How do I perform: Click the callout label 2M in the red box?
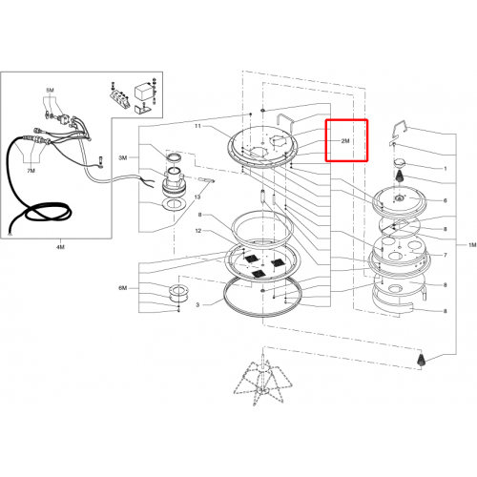pyautogui.click(x=345, y=141)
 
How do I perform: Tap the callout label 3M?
pyautogui.click(x=123, y=157)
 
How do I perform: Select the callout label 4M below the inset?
pyautogui.click(x=60, y=247)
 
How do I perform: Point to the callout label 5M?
pyautogui.click(x=50, y=91)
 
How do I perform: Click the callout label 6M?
pyautogui.click(x=123, y=288)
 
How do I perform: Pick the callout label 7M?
pyautogui.click(x=31, y=171)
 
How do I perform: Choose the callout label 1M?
pyautogui.click(x=472, y=245)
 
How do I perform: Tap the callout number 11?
pyautogui.click(x=197, y=126)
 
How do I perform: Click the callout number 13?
pyautogui.click(x=197, y=197)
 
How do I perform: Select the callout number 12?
pyautogui.click(x=198, y=231)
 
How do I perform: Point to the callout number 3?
pyautogui.click(x=197, y=305)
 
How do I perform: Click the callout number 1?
pyautogui.click(x=446, y=169)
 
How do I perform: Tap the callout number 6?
pyautogui.click(x=446, y=200)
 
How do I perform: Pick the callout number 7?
pyautogui.click(x=446, y=255)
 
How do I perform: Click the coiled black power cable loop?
pyautogui.click(x=48, y=213)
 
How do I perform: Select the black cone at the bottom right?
pyautogui.click(x=421, y=360)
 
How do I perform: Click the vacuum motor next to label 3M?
pyautogui.click(x=174, y=182)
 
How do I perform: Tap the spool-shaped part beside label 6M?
pyautogui.click(x=178, y=294)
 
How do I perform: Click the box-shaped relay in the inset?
pyautogui.click(x=143, y=92)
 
